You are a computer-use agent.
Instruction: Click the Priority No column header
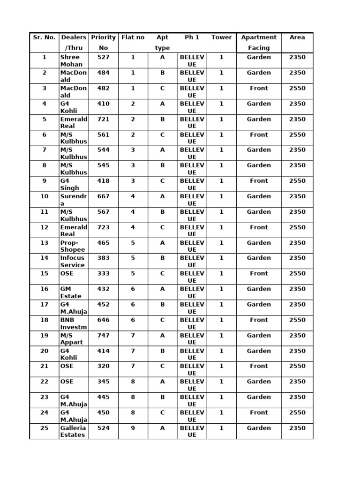[103, 43]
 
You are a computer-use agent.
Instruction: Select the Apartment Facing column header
[259, 43]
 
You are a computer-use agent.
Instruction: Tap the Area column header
[297, 37]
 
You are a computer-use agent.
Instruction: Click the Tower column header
[221, 37]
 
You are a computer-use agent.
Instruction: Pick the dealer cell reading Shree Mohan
[71, 61]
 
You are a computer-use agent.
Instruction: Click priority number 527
[103, 57]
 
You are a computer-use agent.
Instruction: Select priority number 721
[103, 119]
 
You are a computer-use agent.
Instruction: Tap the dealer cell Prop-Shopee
[73, 246]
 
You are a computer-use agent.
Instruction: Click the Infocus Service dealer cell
[73, 262]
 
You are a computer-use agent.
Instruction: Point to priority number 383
[103, 258]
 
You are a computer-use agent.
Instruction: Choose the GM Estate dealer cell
[71, 292]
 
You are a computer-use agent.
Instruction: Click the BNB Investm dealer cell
[73, 323]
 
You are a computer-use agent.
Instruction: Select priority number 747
[103, 335]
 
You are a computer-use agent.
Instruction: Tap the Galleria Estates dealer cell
[73, 431]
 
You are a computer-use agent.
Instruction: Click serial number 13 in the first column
[45, 243]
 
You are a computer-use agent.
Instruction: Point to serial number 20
[45, 351]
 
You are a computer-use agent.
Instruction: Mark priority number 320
[103, 366]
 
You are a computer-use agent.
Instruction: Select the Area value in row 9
[297, 181]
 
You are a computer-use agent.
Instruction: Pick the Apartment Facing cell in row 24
[259, 412]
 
